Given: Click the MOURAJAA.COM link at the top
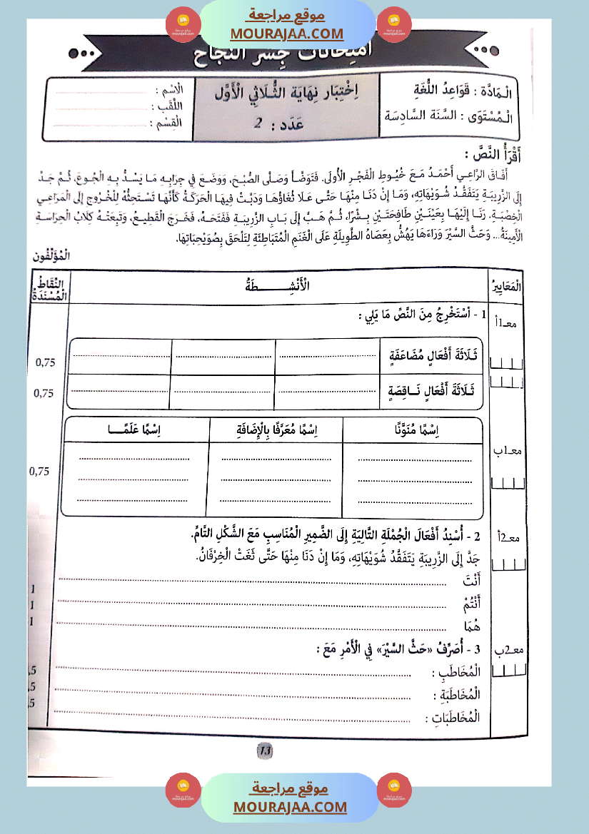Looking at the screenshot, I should point(287,34).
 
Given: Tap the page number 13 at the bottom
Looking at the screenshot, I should point(264,750).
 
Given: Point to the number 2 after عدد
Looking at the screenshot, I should point(258,123).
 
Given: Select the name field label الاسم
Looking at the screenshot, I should point(169,91).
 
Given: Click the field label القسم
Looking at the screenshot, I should point(168,123).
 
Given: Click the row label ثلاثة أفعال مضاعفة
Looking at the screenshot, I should point(433,355).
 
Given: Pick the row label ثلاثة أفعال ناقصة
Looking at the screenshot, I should point(433,391).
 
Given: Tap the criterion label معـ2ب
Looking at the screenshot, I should point(508,650).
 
